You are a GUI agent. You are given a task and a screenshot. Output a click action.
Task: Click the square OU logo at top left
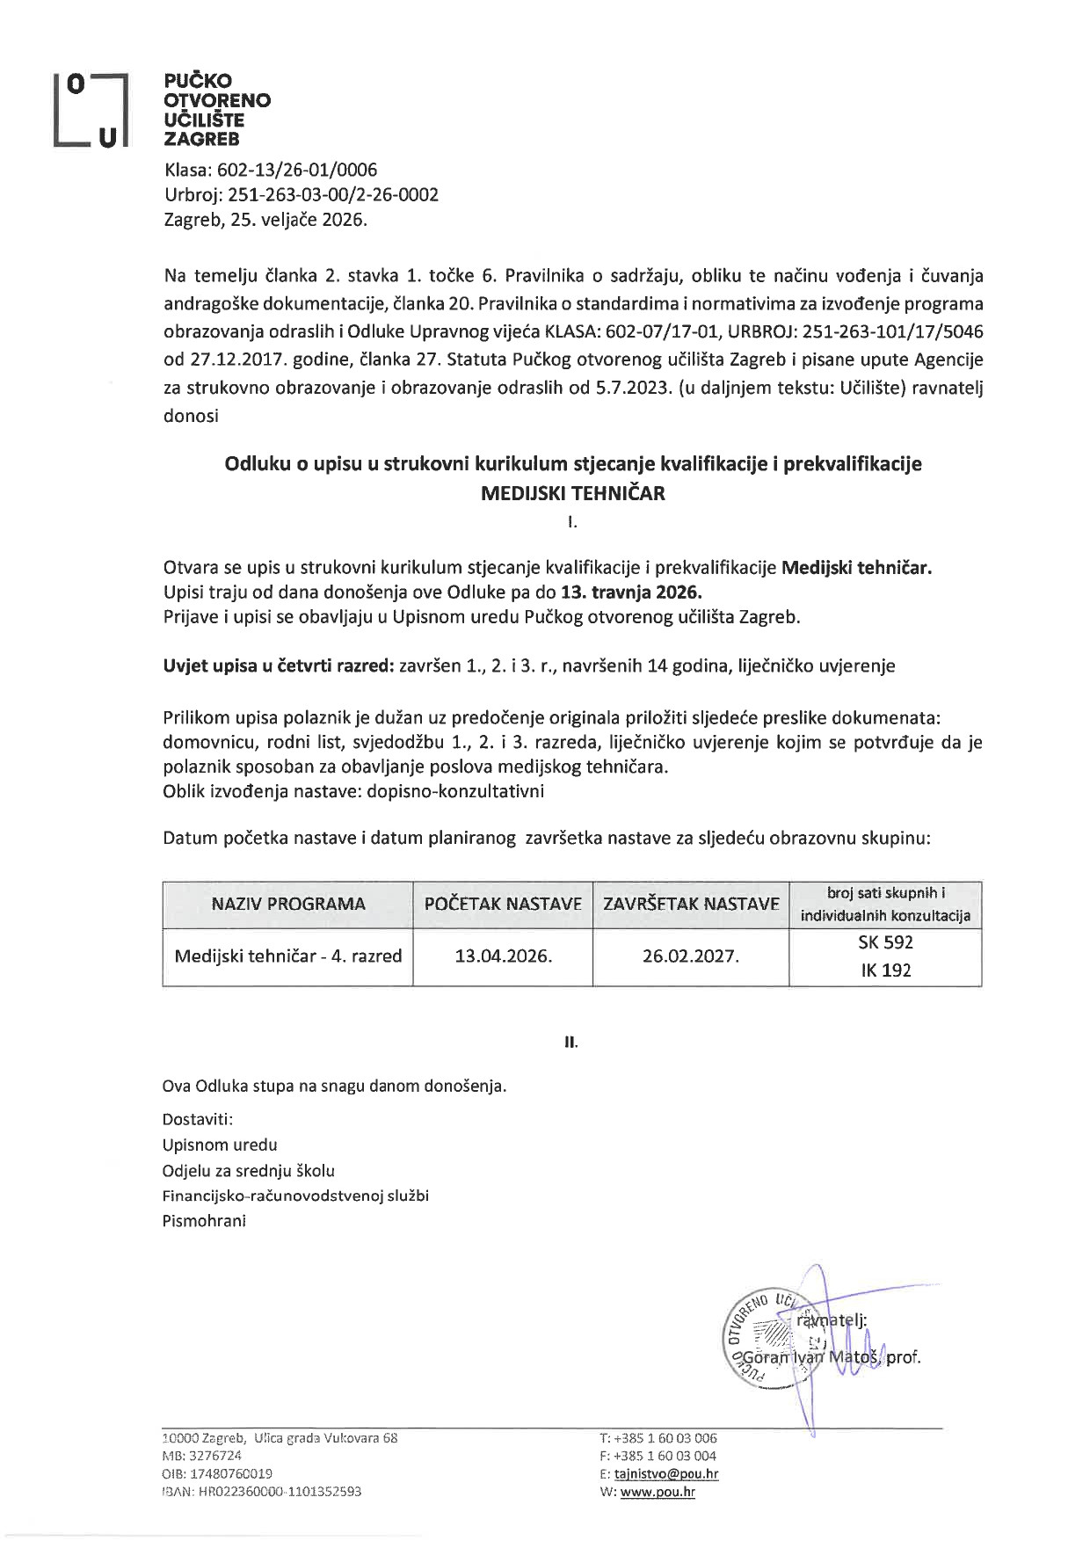point(91,110)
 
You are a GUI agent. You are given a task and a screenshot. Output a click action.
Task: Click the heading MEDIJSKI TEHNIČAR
point(572,493)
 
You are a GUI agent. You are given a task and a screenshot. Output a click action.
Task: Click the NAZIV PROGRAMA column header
point(288,904)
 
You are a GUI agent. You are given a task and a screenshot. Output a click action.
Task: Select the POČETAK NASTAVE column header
point(503,904)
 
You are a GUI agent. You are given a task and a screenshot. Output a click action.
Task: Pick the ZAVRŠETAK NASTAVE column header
point(691,904)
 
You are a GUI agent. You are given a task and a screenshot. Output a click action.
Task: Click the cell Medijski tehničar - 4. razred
point(288,956)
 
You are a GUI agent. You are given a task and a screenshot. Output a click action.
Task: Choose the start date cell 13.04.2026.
point(503,956)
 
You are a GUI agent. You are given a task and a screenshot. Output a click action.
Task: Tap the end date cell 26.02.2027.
point(691,956)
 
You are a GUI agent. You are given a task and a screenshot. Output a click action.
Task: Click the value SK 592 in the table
point(885,942)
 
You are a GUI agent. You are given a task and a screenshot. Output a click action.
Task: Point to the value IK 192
point(885,970)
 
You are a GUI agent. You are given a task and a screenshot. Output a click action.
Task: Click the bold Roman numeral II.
point(571,1043)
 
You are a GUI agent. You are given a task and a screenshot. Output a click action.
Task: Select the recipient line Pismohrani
point(204,1220)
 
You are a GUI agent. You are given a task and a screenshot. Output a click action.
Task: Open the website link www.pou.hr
point(658,1492)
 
